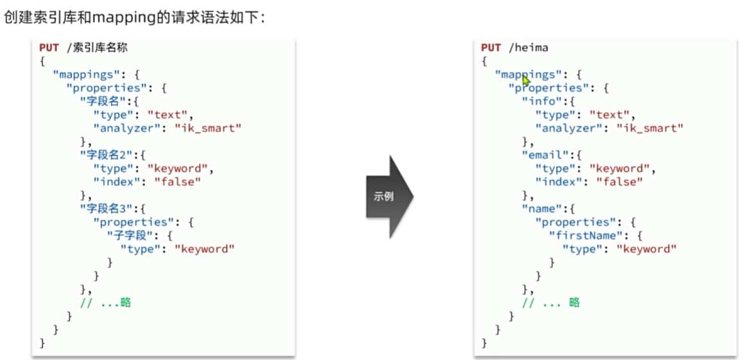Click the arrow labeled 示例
pyautogui.click(x=389, y=196)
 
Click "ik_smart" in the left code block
pyautogui.click(x=208, y=128)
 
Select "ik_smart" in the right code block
pyautogui.click(x=650, y=128)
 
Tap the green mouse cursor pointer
pyautogui.click(x=525, y=81)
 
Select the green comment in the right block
pyautogui.click(x=551, y=302)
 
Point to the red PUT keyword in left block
pyautogui.click(x=49, y=47)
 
